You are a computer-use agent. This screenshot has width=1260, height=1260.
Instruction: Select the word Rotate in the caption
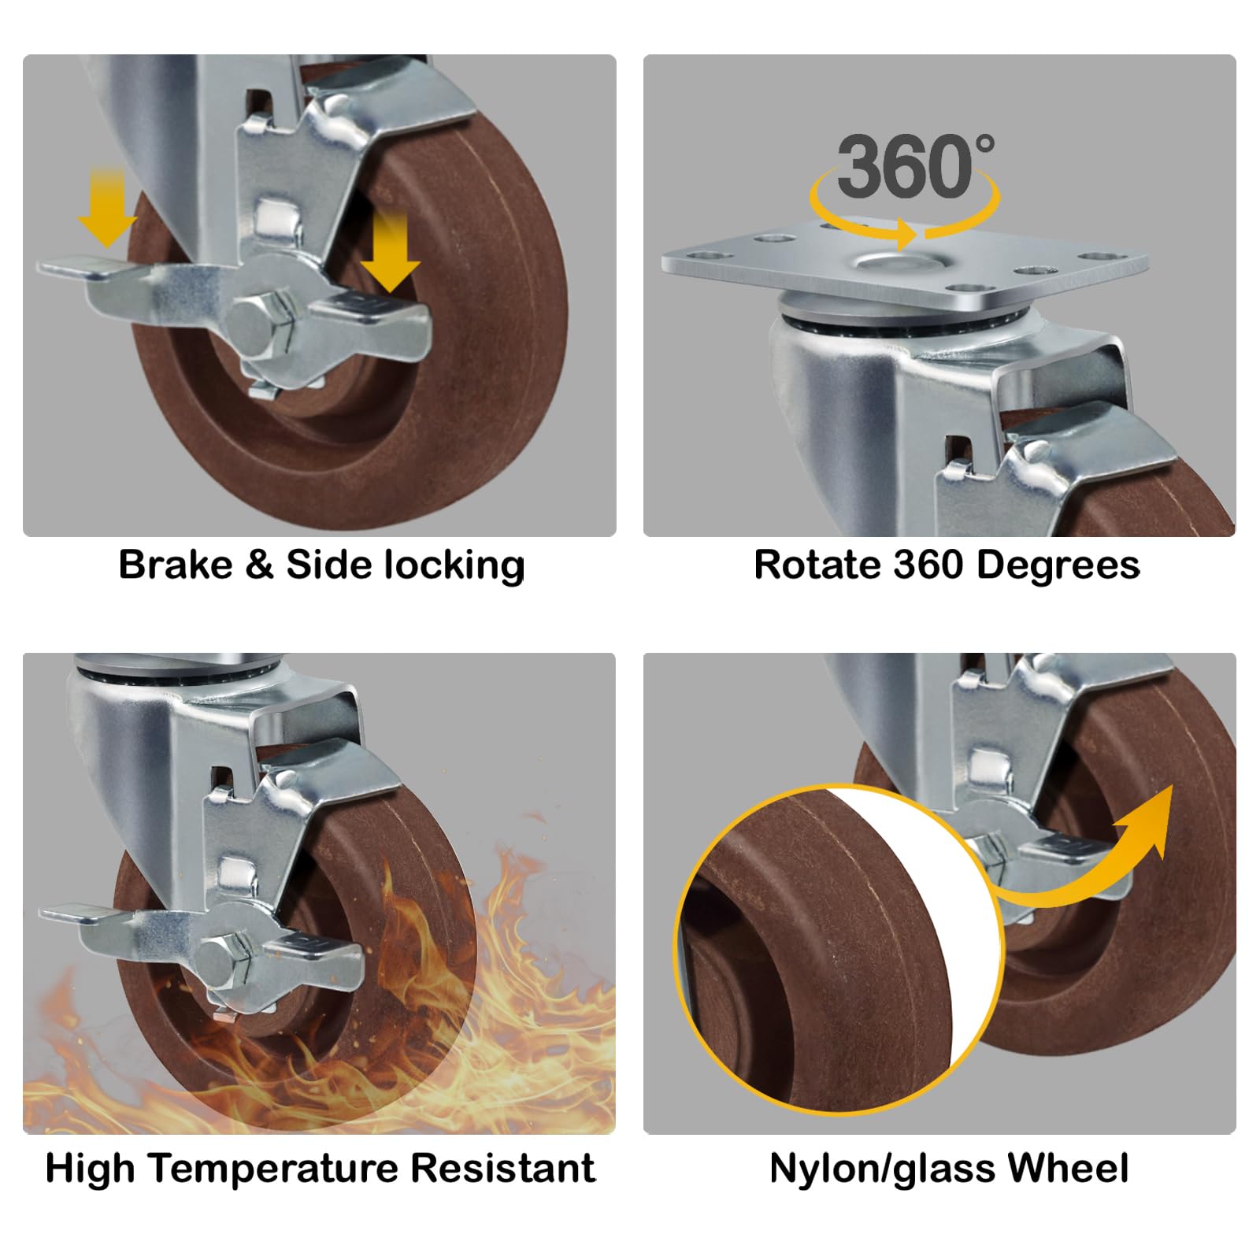(x=817, y=565)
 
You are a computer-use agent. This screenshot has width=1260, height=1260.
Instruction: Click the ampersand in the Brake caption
(x=259, y=565)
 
